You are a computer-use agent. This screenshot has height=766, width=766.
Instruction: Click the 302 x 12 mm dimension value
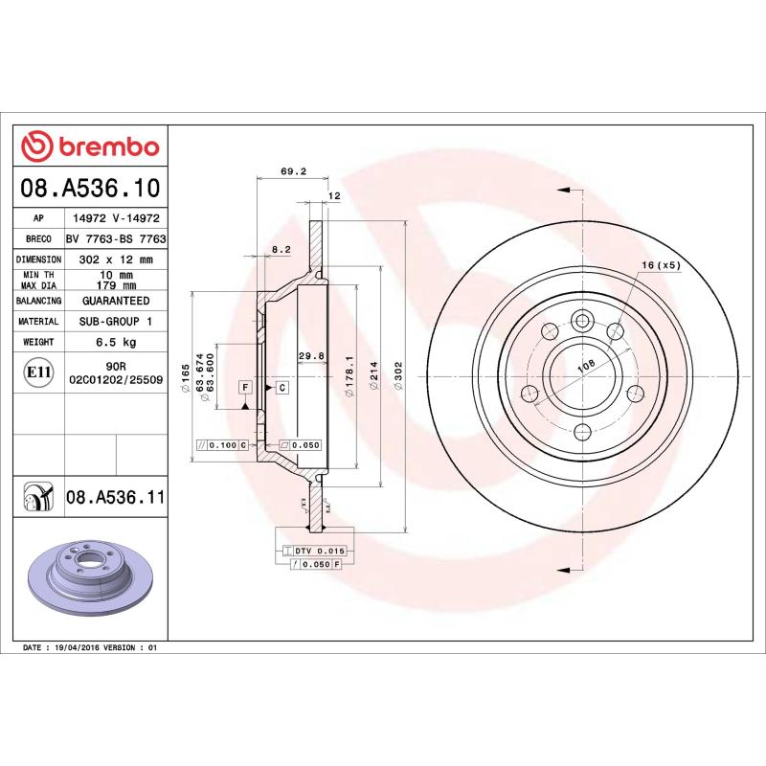(x=115, y=259)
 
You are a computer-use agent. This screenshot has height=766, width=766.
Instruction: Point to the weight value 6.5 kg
(x=115, y=342)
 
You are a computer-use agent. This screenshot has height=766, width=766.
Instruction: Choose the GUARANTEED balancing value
(x=115, y=301)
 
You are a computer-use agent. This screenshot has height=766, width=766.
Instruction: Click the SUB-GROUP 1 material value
(x=115, y=322)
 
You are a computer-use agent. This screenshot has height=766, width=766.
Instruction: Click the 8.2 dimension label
(x=281, y=249)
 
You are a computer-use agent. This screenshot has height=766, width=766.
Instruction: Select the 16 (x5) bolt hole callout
(x=660, y=265)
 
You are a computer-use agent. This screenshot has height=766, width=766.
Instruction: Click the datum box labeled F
(x=245, y=387)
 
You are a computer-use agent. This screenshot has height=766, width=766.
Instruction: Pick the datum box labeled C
(x=282, y=387)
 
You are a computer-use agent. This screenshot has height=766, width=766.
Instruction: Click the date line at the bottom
(x=88, y=648)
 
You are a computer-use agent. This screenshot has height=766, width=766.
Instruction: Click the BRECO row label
(x=39, y=238)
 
